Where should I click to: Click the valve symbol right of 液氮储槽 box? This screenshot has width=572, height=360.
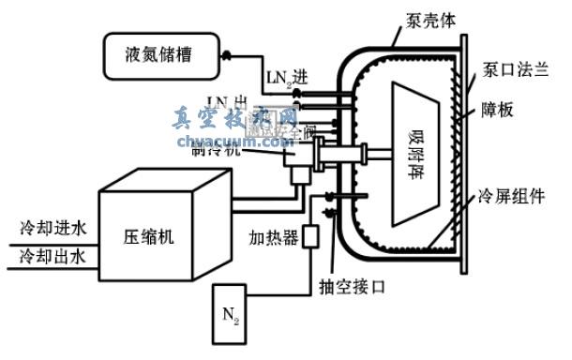(x=226, y=55)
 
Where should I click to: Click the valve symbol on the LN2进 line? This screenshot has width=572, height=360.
(x=295, y=93)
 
